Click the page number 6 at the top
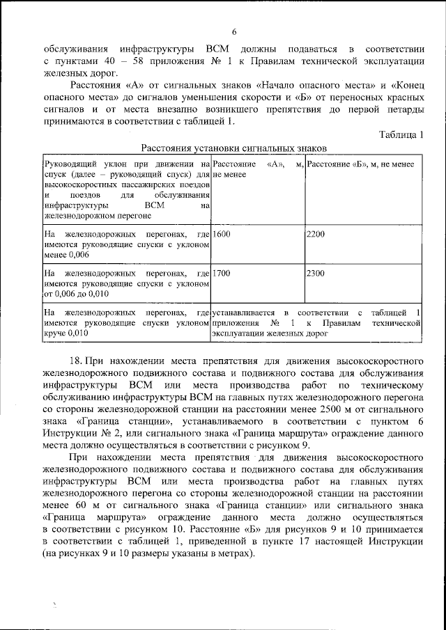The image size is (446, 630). click(234, 32)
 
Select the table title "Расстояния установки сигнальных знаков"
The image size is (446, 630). click(234, 148)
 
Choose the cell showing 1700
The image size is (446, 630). click(222, 274)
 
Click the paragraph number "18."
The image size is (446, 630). click(77, 362)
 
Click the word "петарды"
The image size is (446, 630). click(399, 110)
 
